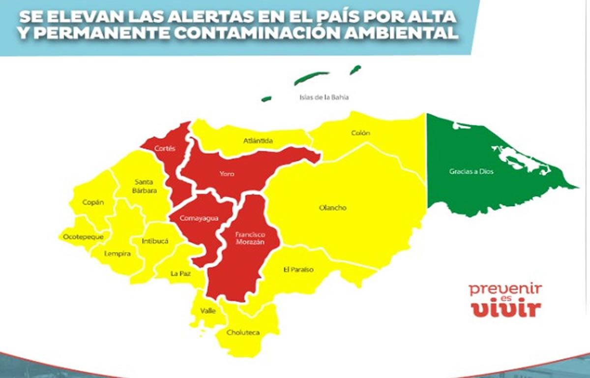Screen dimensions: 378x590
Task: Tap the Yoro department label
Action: click(x=227, y=174)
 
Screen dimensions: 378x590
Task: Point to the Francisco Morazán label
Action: click(x=249, y=238)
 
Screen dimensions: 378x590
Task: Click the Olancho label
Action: click(x=333, y=208)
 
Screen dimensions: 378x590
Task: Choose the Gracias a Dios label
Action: click(x=464, y=172)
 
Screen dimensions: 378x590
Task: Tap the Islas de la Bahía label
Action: click(x=324, y=97)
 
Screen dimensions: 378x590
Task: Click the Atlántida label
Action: click(x=258, y=141)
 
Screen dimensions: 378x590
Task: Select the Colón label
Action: click(x=360, y=133)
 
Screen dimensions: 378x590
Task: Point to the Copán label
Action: click(x=93, y=202)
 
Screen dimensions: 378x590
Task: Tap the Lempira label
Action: click(x=117, y=253)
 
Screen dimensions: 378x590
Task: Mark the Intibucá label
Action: click(x=155, y=242)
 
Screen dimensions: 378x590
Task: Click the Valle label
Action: click(x=208, y=311)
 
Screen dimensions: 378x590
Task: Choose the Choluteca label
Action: click(x=243, y=333)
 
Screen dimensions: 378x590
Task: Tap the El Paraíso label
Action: click(x=298, y=270)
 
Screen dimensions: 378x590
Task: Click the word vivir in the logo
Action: click(x=506, y=309)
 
